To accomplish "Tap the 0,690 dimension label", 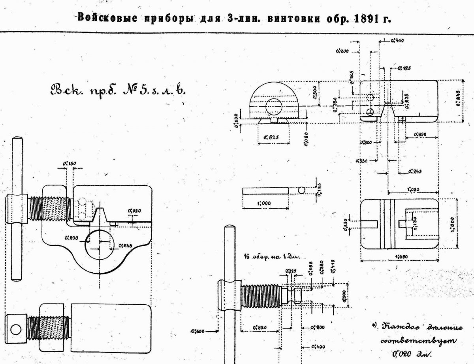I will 421,135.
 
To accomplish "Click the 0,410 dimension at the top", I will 397,40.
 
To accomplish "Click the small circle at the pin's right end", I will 301,190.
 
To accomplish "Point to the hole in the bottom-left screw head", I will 16,329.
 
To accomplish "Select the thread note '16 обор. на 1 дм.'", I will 273,257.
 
